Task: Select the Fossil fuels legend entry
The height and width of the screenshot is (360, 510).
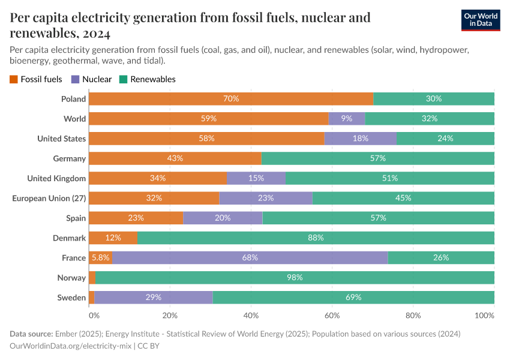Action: click(x=35, y=79)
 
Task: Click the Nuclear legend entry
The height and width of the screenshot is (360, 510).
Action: click(x=91, y=79)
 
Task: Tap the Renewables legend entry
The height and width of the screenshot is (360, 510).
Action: click(x=147, y=79)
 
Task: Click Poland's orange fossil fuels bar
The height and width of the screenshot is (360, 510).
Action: click(x=231, y=99)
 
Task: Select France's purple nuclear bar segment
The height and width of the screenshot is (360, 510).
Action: click(x=250, y=258)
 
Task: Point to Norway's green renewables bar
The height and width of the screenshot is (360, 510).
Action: click(x=295, y=278)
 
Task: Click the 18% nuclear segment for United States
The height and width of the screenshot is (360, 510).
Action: click(x=361, y=139)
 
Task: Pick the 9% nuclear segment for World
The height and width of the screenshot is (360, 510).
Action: click(x=347, y=119)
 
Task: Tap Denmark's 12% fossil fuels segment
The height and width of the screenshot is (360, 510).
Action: click(x=113, y=238)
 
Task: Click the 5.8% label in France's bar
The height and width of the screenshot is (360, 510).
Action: click(x=100, y=258)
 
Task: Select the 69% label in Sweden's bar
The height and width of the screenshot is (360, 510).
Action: click(x=353, y=298)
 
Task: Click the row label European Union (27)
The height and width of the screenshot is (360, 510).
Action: click(x=49, y=198)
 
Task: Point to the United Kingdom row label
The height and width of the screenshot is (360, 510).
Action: click(x=56, y=178)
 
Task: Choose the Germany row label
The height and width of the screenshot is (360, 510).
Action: click(x=69, y=158)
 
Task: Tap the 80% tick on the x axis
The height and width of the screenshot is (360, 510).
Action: click(x=413, y=315)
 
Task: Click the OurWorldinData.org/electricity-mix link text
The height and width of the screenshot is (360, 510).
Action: click(x=71, y=346)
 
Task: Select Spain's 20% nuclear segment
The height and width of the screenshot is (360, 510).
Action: click(x=223, y=218)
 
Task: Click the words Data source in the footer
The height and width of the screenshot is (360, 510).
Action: click(x=31, y=334)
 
